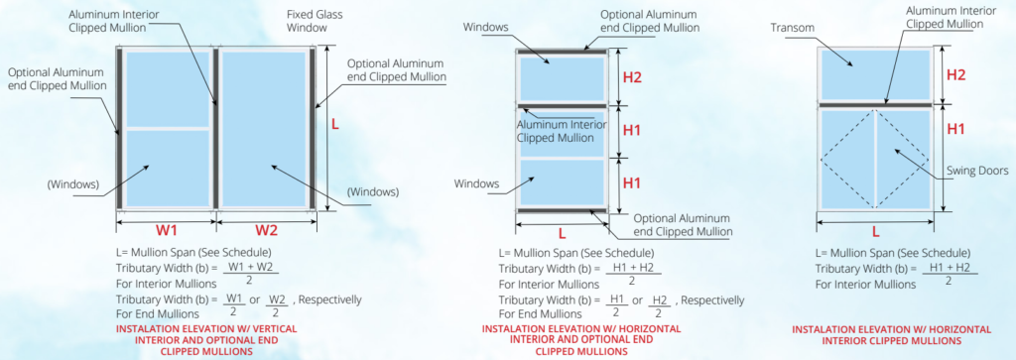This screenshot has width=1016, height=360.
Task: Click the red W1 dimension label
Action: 166,230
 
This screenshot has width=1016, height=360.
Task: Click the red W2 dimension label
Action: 266,230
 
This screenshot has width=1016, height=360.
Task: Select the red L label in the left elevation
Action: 335,124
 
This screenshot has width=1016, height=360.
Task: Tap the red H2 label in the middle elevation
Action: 632,77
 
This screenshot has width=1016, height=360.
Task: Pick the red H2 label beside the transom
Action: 956,75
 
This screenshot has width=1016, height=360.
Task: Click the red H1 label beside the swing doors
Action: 956,129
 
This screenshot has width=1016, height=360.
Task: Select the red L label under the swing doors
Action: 875,231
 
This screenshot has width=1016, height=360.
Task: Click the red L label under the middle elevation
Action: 562,232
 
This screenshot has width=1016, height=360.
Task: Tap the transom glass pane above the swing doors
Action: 875,74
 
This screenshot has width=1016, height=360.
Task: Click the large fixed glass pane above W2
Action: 264,128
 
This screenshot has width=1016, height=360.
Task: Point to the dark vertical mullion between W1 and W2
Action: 215,128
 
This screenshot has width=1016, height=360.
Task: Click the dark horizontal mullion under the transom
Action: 875,105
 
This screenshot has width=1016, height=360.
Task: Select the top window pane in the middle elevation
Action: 562,78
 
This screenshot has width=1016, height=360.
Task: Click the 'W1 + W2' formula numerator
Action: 251,268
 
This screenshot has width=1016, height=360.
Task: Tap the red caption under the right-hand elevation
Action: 892,335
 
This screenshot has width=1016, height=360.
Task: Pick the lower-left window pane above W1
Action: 167,169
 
